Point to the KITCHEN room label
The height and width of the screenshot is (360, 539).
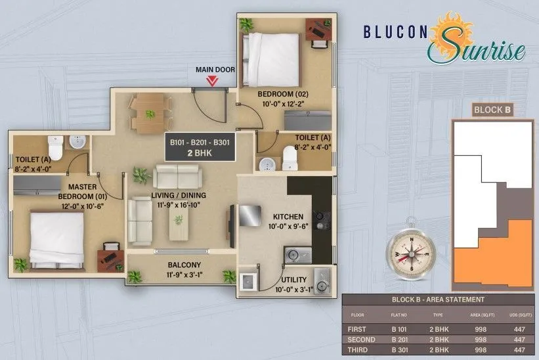288,217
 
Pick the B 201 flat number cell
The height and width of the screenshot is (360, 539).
401,340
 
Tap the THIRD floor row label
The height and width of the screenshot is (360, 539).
358,350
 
